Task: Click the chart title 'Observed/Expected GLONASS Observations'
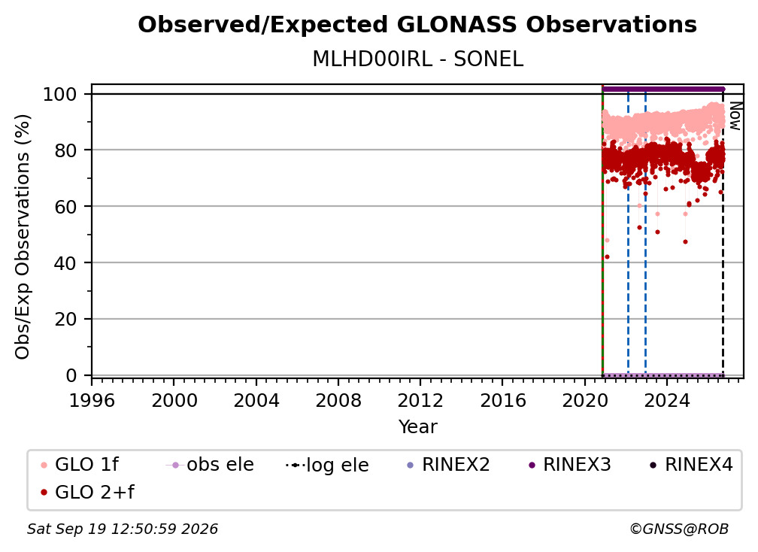pos(417,25)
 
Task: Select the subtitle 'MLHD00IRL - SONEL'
pos(417,59)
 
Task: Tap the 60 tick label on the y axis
pos(65,206)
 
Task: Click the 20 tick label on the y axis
pos(65,319)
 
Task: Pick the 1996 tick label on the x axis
pos(92,401)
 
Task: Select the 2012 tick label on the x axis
pos(420,401)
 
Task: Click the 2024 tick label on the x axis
pos(666,401)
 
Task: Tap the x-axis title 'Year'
pos(417,427)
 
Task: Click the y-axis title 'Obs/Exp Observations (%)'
pos(23,237)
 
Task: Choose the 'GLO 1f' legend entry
pos(80,465)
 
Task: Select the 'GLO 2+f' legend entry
pos(88,493)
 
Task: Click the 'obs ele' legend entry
pos(210,465)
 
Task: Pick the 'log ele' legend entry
pos(328,465)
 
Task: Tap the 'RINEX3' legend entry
pos(571,465)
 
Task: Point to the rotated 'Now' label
pos(735,116)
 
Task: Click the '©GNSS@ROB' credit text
pos(679,529)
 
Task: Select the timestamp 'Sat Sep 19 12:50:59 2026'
pos(123,529)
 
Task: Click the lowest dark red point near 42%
pos(607,256)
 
